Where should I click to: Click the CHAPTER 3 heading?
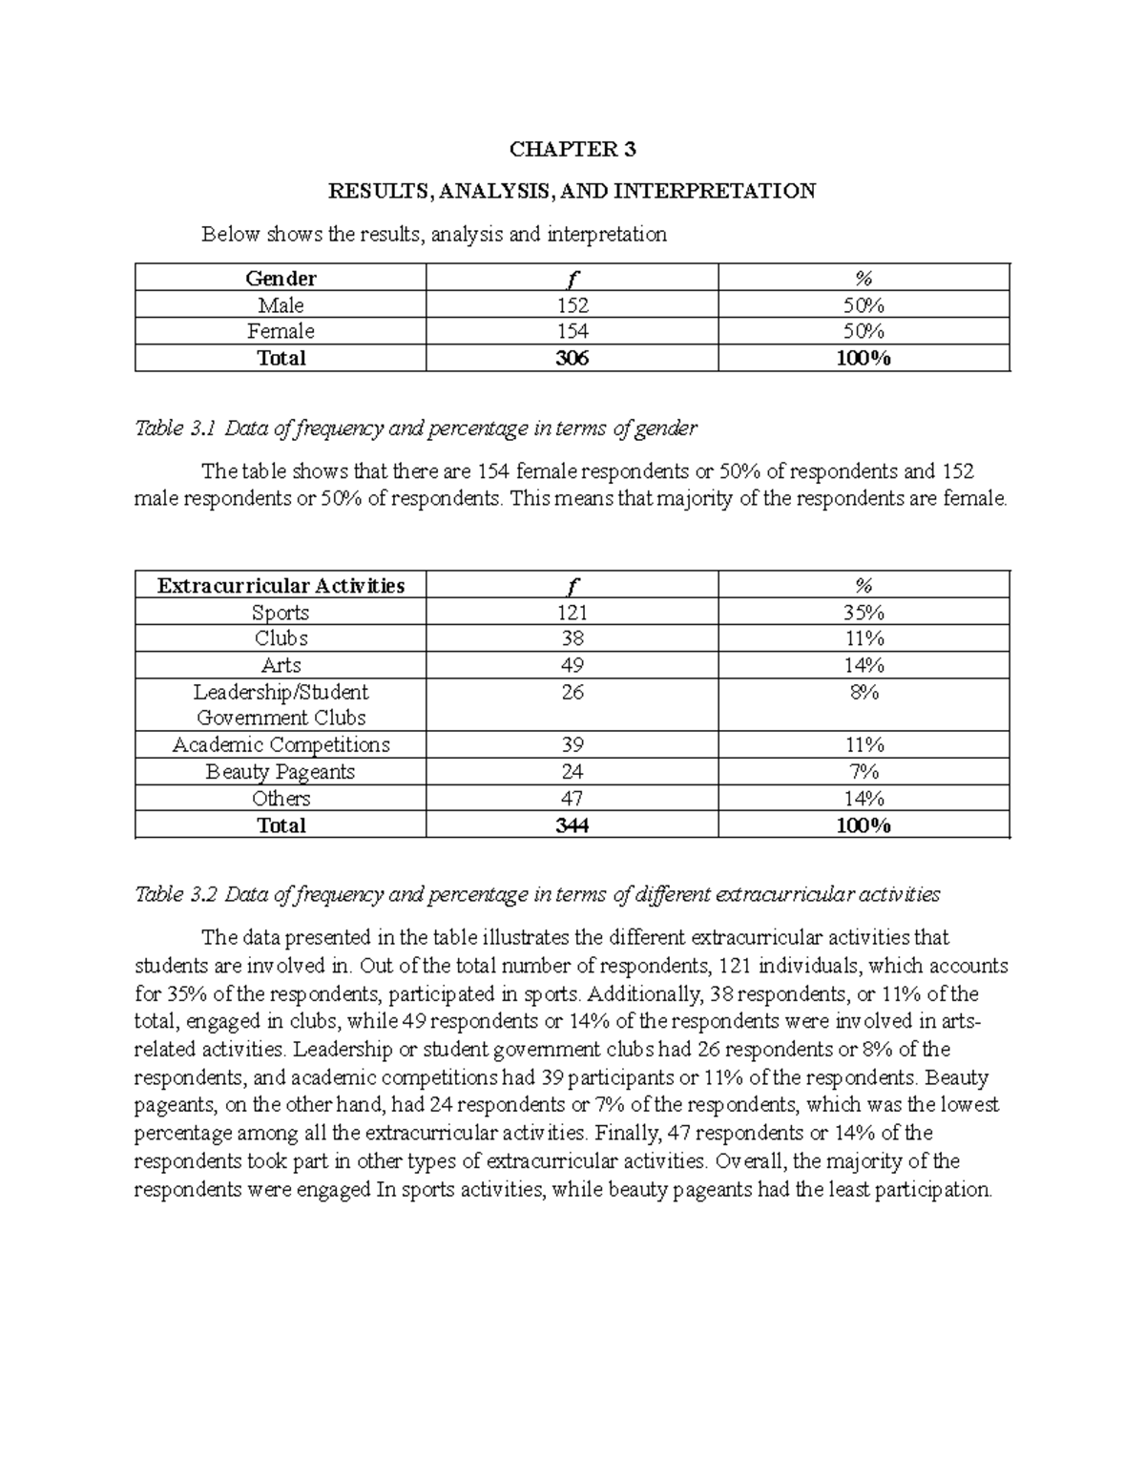572,149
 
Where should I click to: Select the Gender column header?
281,279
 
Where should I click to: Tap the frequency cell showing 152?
572,305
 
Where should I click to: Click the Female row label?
281,331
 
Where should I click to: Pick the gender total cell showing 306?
572,358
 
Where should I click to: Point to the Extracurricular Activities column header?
281,586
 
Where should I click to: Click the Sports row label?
281,613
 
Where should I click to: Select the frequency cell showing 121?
572,613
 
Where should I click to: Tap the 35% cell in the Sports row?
864,613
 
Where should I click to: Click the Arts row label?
281,665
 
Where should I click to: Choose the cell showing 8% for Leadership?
864,693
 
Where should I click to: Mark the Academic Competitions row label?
281,745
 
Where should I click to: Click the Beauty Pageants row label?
281,772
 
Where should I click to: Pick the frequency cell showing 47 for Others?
572,799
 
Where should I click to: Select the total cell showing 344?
572,825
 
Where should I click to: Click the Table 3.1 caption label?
177,428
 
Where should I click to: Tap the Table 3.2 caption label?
177,894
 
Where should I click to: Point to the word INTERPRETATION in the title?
715,191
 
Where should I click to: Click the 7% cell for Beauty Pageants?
864,772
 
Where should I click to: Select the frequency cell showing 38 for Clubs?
572,638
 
